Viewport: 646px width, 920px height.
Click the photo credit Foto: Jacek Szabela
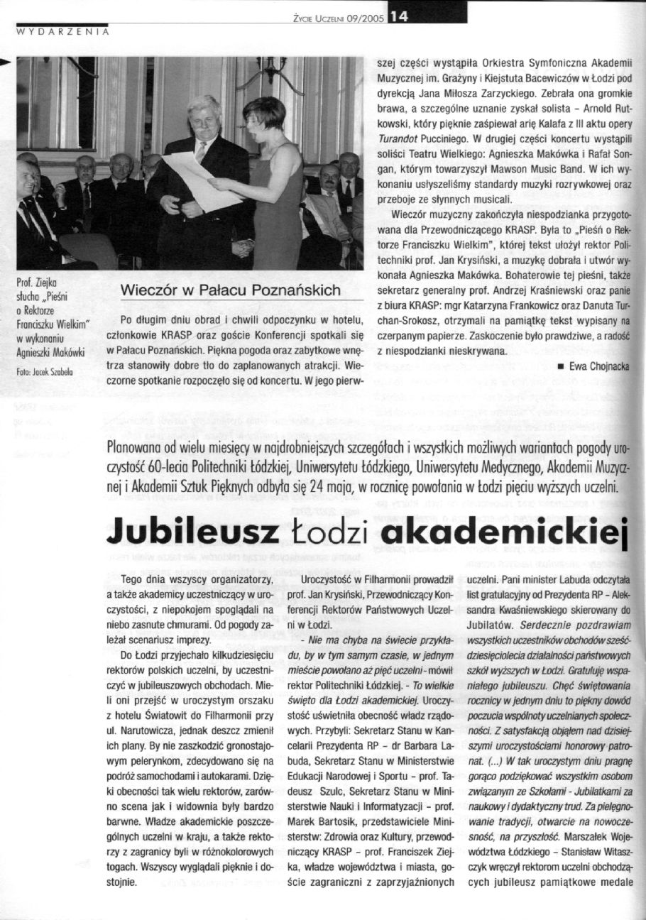point(46,371)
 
